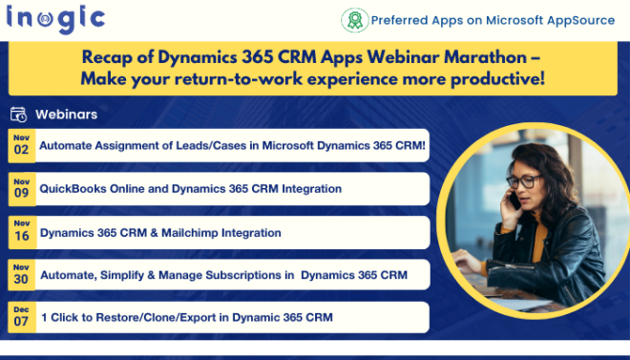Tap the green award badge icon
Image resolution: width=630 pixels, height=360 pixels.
tap(354, 20)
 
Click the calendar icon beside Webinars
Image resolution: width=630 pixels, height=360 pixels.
tap(18, 115)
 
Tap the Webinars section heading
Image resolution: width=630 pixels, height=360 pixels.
tap(66, 115)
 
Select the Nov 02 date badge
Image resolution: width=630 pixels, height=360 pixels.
tap(21, 144)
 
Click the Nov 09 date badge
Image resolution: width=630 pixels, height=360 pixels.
tap(21, 188)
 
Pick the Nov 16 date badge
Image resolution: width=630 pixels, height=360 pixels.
tap(21, 231)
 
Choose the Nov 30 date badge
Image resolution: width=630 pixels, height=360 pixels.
tap(21, 274)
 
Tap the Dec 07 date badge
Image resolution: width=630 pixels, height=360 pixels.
tap(21, 316)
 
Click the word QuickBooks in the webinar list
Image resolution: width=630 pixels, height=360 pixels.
tap(73, 189)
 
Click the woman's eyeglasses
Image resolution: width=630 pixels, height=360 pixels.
tap(523, 180)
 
